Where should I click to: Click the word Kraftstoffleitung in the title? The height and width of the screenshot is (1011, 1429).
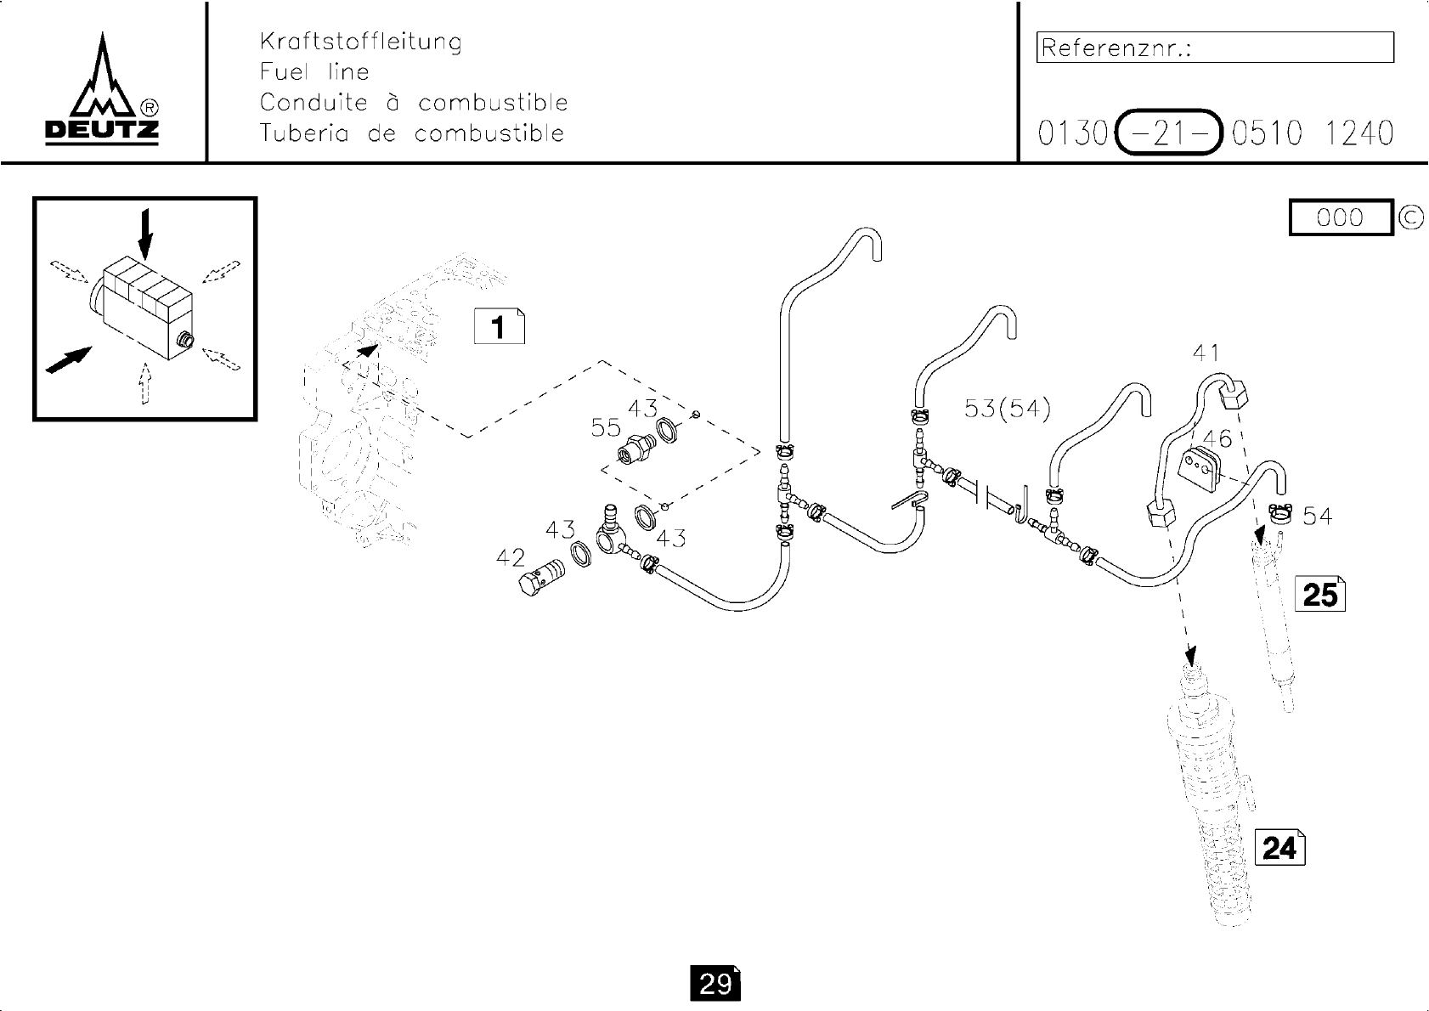pos(360,42)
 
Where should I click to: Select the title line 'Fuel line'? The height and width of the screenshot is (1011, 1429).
pos(314,72)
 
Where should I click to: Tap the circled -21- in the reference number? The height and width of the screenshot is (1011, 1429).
pos(1168,133)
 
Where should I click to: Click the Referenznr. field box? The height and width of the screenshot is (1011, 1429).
pos(1215,48)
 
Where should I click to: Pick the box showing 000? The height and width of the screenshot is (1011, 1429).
pos(1340,217)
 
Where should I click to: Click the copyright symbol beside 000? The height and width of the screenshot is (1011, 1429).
pos(1410,217)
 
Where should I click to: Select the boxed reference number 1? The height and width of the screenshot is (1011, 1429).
pos(499,327)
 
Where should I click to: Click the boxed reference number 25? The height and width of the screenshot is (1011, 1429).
pos(1319,594)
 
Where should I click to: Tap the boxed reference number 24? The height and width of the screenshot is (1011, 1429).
pos(1279,848)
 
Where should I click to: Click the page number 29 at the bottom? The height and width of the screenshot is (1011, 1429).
pos(715,984)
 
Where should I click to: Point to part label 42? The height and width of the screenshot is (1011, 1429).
pos(511,558)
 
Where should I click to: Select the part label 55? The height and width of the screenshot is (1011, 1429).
pos(606,427)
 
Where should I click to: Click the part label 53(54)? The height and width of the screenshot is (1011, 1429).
pos(1007,409)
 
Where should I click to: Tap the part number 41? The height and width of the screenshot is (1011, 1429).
pos(1206,353)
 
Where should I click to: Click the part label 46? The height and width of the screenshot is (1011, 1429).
pos(1217,439)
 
